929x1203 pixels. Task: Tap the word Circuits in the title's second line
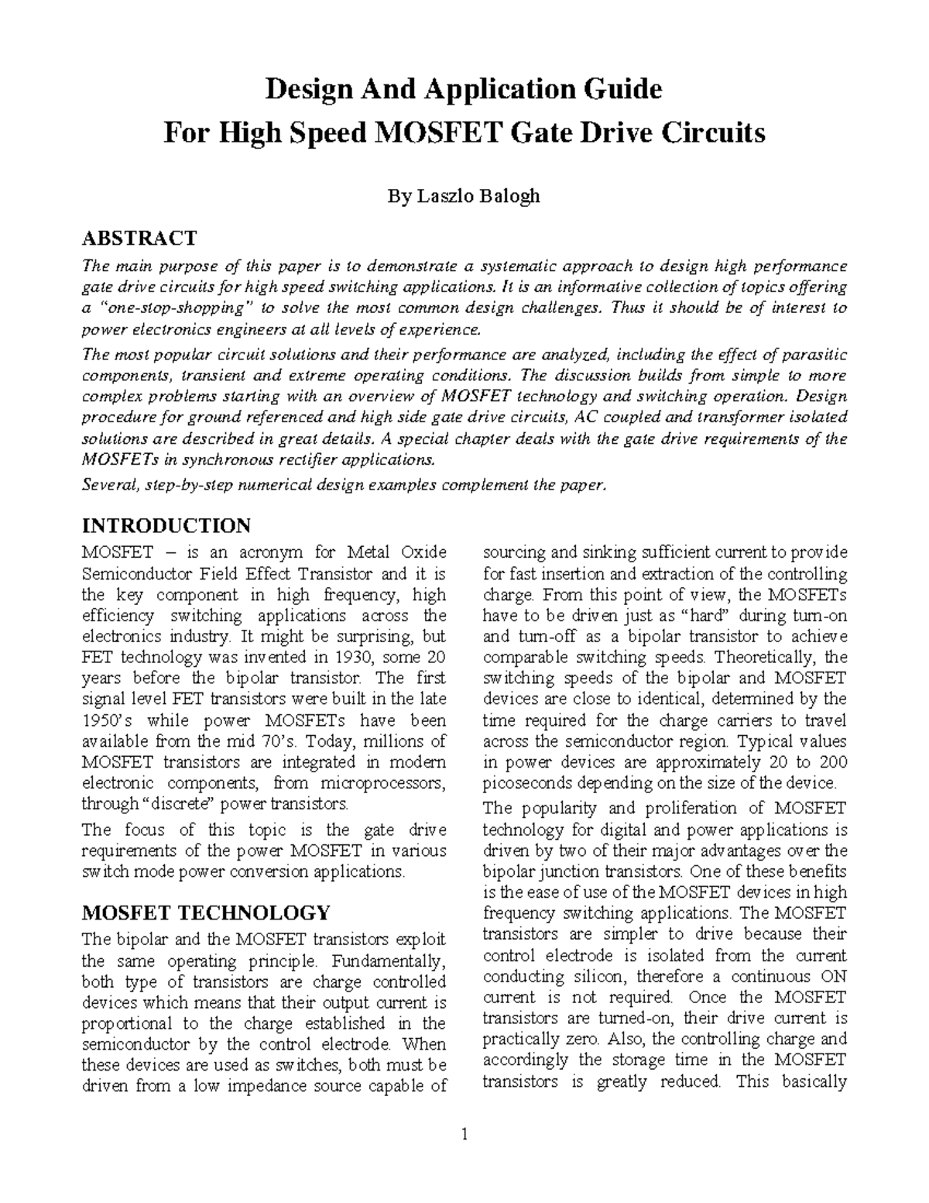tap(711, 133)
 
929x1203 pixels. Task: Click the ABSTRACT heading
tap(139, 237)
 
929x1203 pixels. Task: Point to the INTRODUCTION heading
tap(166, 525)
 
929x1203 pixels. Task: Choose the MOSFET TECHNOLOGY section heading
tap(205, 912)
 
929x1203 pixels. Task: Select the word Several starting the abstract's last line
tap(108, 486)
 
